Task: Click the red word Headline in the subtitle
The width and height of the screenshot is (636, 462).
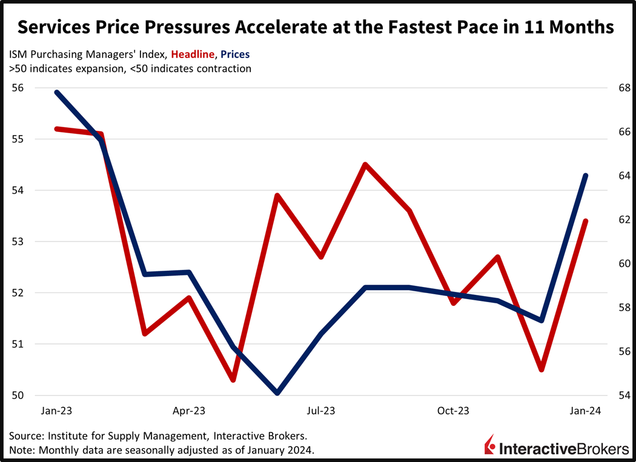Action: (193, 54)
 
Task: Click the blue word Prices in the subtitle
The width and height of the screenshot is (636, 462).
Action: (233, 54)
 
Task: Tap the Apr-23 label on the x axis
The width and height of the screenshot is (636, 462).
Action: (190, 411)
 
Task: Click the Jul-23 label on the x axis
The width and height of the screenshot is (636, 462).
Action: (321, 411)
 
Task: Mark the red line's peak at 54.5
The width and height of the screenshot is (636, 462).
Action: (365, 164)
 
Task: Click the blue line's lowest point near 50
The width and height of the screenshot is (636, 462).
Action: (277, 393)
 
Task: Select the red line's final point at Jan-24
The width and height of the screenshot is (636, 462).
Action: (586, 221)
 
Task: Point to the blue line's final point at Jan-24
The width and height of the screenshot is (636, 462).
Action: (586, 175)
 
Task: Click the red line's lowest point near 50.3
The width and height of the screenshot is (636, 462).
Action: (233, 380)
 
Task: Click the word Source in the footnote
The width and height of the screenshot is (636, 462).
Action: (25, 436)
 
